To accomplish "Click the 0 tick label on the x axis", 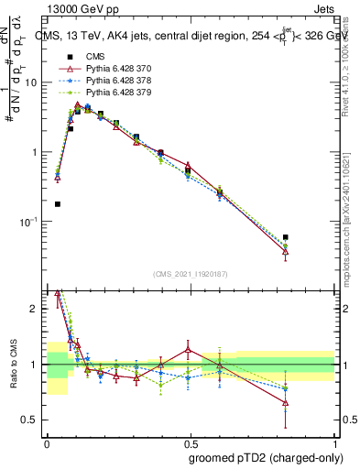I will [46, 444].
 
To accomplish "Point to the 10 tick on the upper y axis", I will [31, 82].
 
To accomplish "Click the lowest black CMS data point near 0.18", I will [57, 204].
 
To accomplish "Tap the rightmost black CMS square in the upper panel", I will [286, 237].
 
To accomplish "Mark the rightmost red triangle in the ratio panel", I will [286, 402].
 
